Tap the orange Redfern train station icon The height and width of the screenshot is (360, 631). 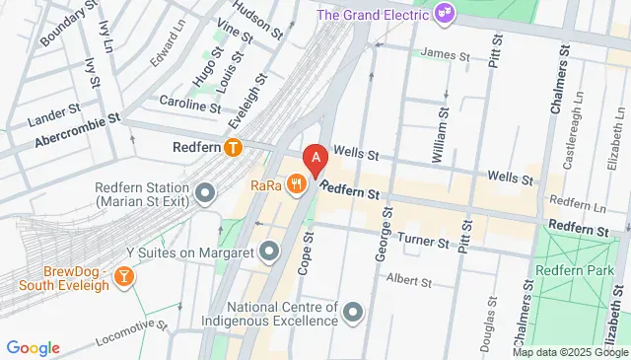pos(233,149)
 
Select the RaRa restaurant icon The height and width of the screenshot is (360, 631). pos(296,183)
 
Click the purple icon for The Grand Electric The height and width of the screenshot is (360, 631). pos(446,14)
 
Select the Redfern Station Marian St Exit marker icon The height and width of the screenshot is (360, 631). pos(205,192)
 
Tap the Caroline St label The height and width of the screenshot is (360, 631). pos(189,105)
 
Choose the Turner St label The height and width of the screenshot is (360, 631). pos(423,240)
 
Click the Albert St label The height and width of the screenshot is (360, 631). pos(409,281)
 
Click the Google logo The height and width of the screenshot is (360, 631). pos(33,347)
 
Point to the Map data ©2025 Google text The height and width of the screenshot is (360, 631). pos(569,352)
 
